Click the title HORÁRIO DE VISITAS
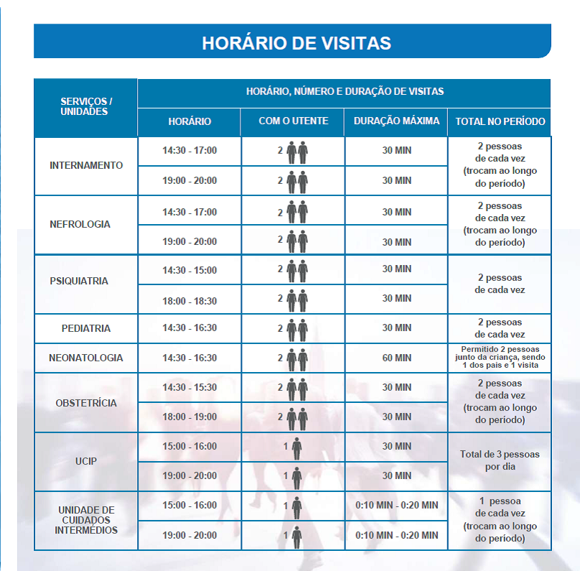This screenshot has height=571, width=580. point(296,42)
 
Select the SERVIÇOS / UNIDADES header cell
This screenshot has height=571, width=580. point(86,107)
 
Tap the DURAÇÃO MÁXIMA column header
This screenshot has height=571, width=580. point(396,121)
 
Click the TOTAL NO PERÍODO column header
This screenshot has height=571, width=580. point(500,121)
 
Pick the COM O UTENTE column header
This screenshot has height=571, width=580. point(293,121)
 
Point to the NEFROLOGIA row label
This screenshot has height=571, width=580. point(80,224)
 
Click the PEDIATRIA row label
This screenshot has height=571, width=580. point(86,328)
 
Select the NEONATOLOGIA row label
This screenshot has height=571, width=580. point(86,358)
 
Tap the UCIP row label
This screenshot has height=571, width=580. point(86,460)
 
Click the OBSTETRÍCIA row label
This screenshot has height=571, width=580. point(86,403)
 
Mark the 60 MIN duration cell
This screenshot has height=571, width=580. point(396,358)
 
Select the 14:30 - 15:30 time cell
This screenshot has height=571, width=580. point(190,387)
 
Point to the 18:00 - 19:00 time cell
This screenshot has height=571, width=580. point(190,417)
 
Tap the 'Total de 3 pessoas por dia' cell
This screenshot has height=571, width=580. point(500,460)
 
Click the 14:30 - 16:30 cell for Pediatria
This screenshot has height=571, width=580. point(190,328)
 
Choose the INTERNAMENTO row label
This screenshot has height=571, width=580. point(86,165)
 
